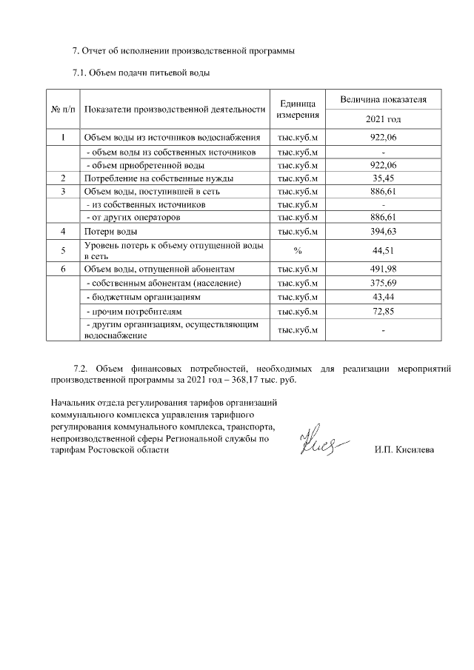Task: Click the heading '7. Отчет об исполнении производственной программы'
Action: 184,52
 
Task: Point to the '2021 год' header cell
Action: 383,118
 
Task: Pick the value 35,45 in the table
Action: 383,178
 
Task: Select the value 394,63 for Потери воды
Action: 383,232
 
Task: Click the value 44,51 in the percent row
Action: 383,250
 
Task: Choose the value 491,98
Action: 383,269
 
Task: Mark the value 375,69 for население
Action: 383,283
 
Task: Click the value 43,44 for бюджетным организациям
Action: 383,296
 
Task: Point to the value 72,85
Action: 383,310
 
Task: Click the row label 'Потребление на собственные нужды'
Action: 158,178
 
